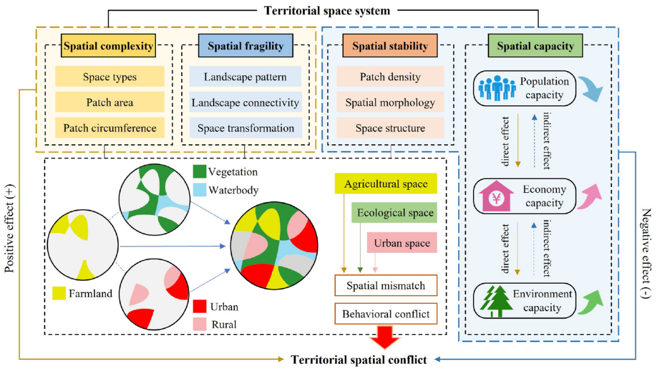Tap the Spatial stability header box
tap(390, 46)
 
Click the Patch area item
tap(110, 102)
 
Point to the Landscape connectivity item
tap(245, 102)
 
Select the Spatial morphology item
tap(390, 102)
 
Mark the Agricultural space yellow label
tap(386, 184)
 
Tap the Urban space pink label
tap(402, 243)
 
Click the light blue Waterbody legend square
tap(199, 190)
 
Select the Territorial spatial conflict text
tap(358, 360)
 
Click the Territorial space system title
tap(326, 10)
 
